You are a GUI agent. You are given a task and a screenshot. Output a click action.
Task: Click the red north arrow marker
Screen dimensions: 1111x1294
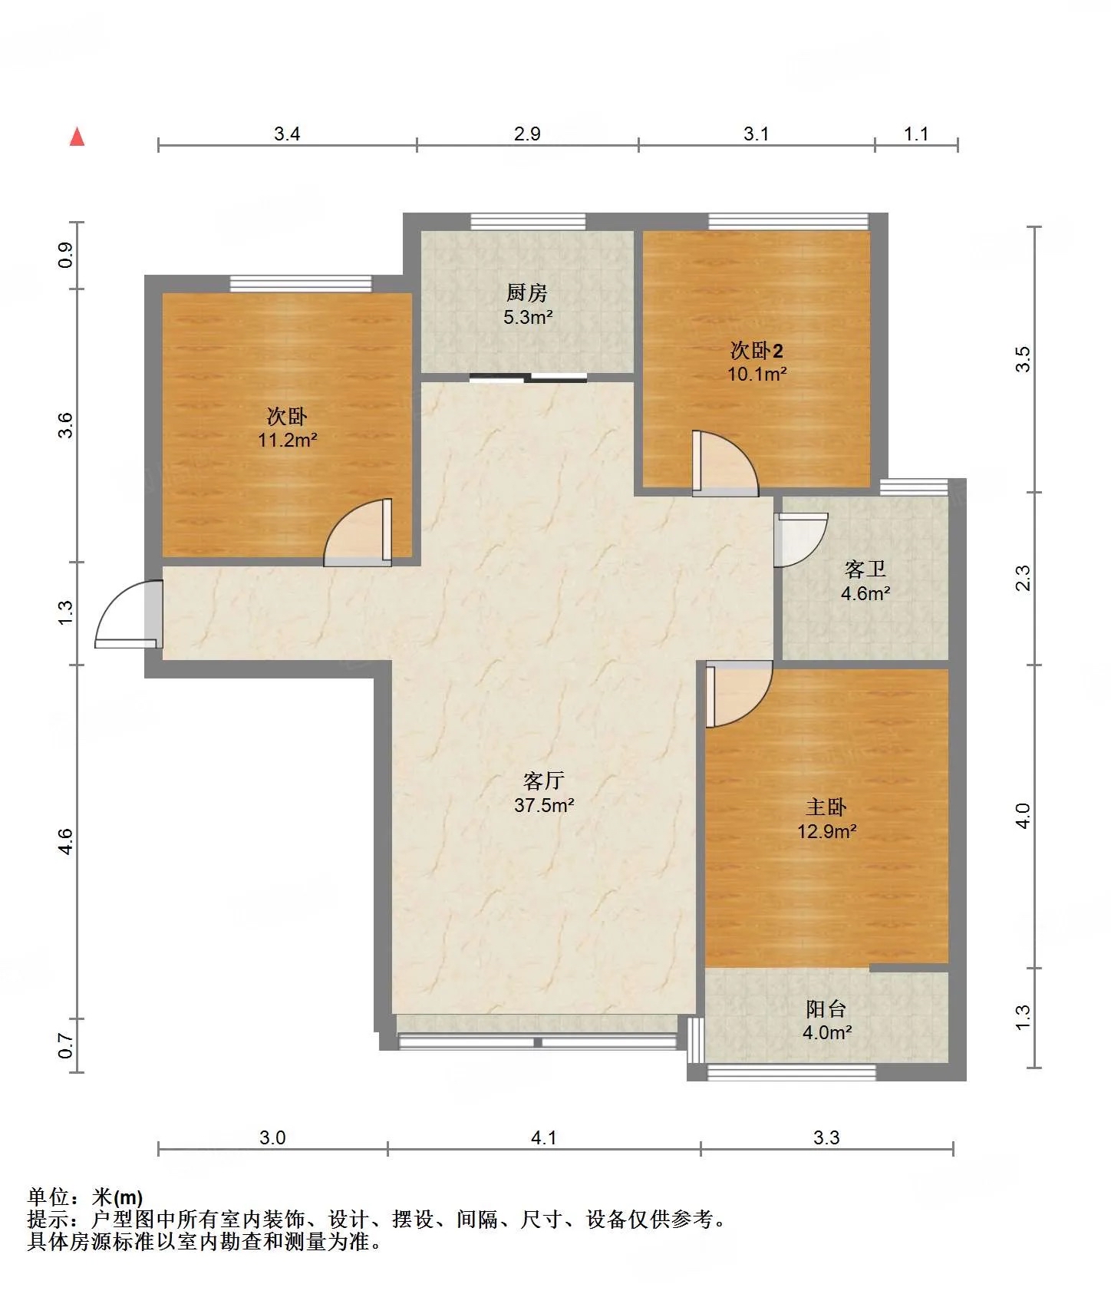tap(77, 137)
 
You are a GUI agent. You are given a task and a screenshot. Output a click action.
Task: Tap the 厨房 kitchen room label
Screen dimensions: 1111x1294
tap(527, 292)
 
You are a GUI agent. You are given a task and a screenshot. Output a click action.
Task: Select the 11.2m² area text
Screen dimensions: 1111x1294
tap(288, 440)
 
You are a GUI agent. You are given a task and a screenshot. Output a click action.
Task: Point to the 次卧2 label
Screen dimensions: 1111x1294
tap(757, 351)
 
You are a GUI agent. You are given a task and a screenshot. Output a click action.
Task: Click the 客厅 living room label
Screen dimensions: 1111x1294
tap(544, 781)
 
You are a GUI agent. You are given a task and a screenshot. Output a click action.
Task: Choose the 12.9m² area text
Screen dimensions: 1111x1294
tap(827, 831)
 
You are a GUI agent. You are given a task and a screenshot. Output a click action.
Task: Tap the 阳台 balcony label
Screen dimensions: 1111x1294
tap(826, 1008)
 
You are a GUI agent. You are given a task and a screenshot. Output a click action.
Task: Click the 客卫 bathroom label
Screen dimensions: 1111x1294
tap(865, 569)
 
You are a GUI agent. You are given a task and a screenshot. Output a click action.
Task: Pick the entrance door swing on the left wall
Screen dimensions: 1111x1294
tap(129, 615)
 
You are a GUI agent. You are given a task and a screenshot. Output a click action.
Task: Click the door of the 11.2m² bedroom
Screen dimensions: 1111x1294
tap(358, 533)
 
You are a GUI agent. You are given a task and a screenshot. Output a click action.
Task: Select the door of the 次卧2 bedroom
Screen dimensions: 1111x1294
tap(725, 463)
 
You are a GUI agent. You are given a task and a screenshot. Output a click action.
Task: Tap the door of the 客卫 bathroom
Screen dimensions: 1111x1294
tap(801, 540)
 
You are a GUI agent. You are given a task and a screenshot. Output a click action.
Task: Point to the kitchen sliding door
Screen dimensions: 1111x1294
tap(528, 377)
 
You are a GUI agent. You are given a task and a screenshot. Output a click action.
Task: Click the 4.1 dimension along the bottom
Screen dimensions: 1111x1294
tap(544, 1137)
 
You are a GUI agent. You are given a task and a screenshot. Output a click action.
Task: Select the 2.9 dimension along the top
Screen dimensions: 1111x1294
tap(528, 134)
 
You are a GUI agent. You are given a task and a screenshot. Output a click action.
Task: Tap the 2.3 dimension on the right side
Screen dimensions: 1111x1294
tap(1023, 578)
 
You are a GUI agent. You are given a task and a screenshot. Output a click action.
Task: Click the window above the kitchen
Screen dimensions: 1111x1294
tap(528, 222)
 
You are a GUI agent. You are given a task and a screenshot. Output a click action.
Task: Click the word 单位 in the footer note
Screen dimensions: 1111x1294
tap(48, 1197)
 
